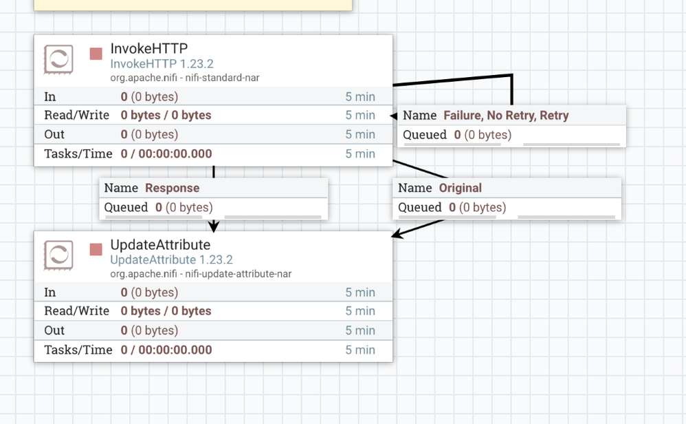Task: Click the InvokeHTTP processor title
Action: coord(148,48)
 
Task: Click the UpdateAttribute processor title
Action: coord(160,244)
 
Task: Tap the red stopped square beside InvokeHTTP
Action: coord(96,54)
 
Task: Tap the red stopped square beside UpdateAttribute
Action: coord(96,249)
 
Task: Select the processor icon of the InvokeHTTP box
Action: coord(58,59)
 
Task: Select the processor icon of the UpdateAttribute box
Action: coord(58,255)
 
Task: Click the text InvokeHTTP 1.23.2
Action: coord(162,64)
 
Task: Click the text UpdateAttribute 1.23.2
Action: coord(172,259)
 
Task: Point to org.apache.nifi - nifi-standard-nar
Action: coord(185,78)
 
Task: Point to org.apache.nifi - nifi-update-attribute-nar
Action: coord(201,274)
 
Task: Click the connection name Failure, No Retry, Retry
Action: coord(506,115)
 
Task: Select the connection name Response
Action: coord(173,188)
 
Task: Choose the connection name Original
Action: coord(461,188)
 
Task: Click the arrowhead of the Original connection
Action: coord(397,233)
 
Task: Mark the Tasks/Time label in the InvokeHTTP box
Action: coord(78,153)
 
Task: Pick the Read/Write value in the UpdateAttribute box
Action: coord(166,311)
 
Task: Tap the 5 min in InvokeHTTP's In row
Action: coord(360,97)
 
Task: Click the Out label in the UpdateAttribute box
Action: coord(54,330)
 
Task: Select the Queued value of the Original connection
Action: coord(477,207)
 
